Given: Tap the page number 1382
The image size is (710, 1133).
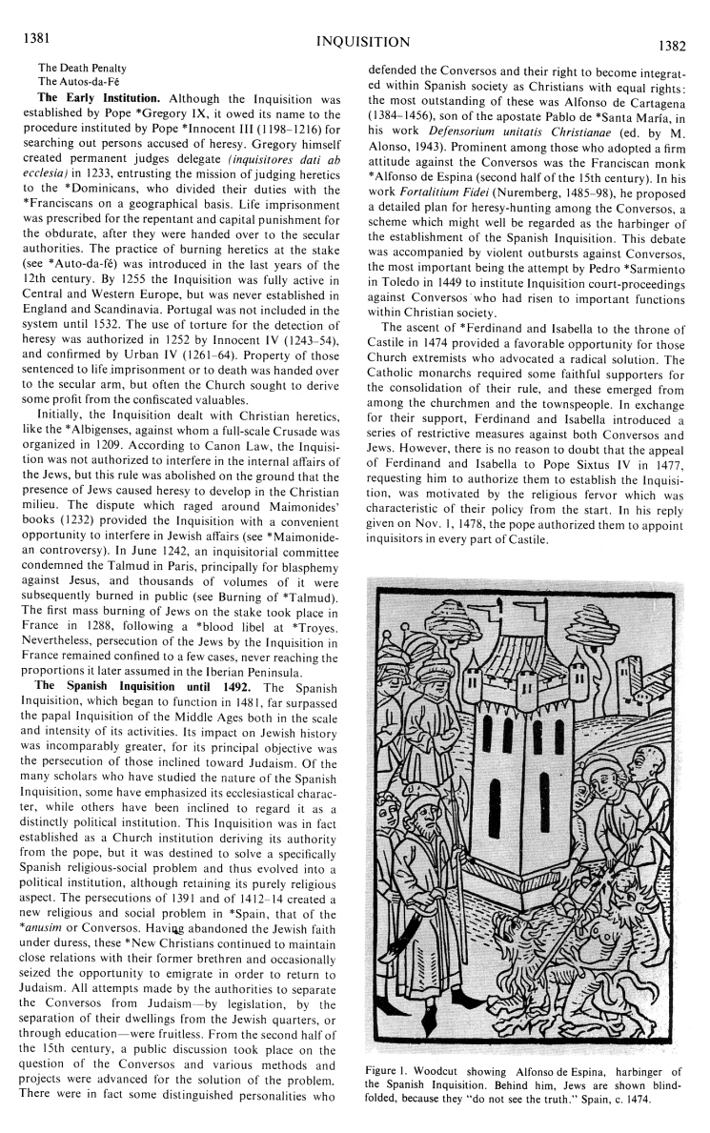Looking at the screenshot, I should point(678,43).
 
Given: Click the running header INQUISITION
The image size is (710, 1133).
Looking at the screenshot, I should point(355,41).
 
